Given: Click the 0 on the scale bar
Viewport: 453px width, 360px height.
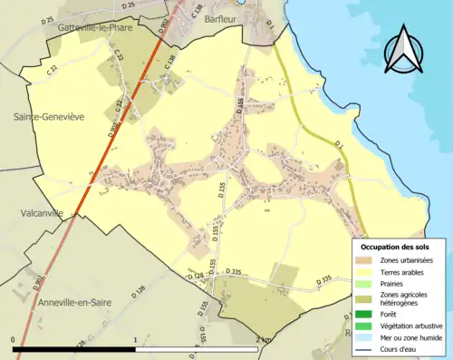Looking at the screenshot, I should (14, 340).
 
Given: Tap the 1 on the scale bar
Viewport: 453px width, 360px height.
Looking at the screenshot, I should (136, 340).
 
